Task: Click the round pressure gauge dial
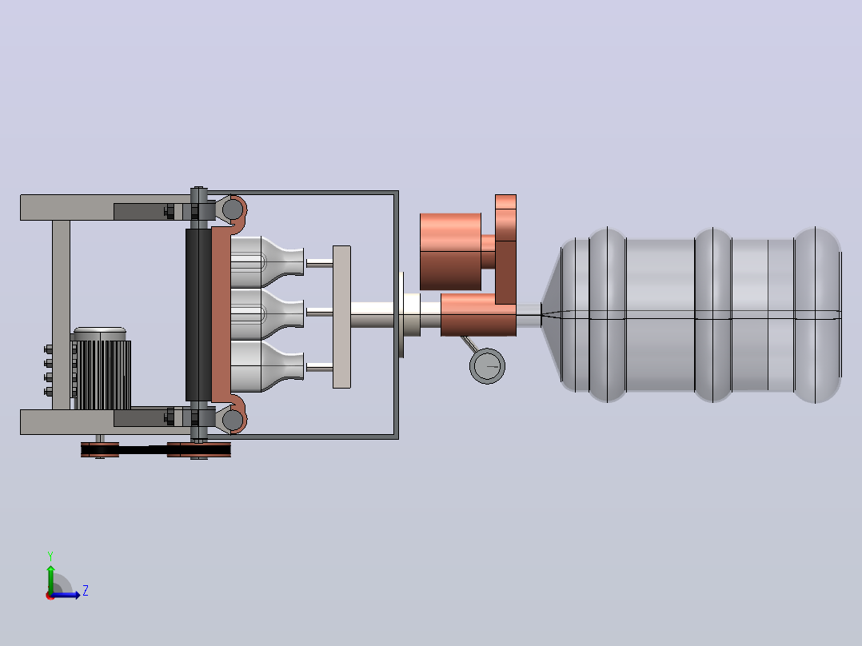(487, 366)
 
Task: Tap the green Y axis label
(50, 556)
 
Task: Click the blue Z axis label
(86, 591)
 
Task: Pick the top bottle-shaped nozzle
(267, 261)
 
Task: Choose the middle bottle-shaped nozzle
(267, 313)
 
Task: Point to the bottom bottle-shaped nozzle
(267, 365)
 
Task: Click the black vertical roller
(198, 315)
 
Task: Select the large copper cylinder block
(450, 252)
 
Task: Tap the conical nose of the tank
(552, 314)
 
